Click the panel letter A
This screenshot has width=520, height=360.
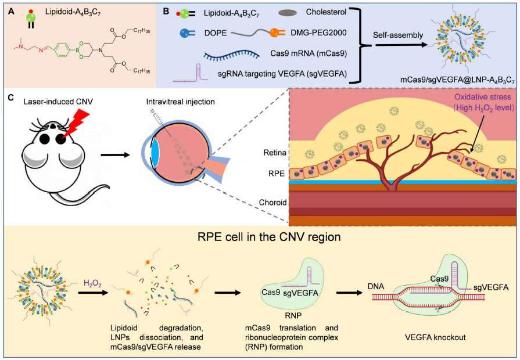11,12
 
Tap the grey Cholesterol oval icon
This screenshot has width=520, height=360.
287,13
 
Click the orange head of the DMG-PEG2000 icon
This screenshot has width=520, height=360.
274,33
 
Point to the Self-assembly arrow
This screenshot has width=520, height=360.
401,45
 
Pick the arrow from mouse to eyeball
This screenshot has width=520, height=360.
115,154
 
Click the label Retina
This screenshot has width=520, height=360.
275,153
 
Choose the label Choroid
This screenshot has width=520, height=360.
272,202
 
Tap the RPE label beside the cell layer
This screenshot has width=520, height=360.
277,174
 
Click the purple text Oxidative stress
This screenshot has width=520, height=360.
483,97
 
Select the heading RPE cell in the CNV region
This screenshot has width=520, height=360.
269,237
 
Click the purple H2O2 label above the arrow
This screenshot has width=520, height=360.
92,283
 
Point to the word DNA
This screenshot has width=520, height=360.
376,286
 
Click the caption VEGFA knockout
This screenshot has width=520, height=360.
435,337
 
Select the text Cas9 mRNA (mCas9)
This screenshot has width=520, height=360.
309,53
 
